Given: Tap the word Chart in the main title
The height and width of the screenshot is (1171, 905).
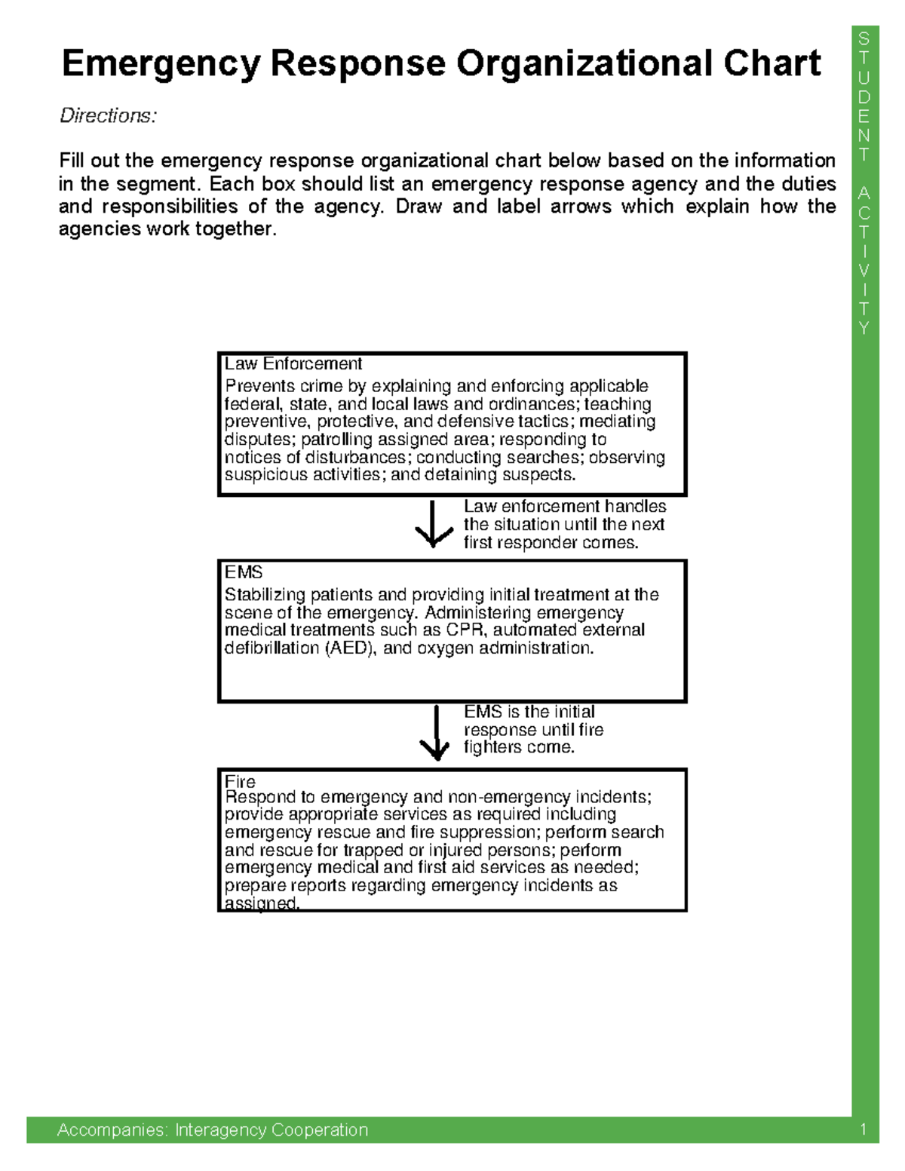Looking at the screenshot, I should point(772,63).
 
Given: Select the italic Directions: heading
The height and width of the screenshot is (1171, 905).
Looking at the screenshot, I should point(108,115).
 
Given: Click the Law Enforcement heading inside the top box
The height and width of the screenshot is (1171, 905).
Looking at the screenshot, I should point(293,363).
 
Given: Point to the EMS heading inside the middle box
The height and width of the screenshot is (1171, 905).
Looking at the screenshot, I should point(243,572).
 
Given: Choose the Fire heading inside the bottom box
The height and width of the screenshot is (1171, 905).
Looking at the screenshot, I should point(240,781).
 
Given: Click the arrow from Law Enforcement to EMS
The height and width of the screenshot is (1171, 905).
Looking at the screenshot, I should point(434,524).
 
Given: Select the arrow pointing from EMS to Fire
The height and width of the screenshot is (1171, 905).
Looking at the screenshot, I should point(435,732).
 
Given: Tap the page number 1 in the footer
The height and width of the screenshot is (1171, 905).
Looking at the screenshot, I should point(863,1130).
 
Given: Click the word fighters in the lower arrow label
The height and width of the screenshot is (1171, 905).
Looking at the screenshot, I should point(490,747).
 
